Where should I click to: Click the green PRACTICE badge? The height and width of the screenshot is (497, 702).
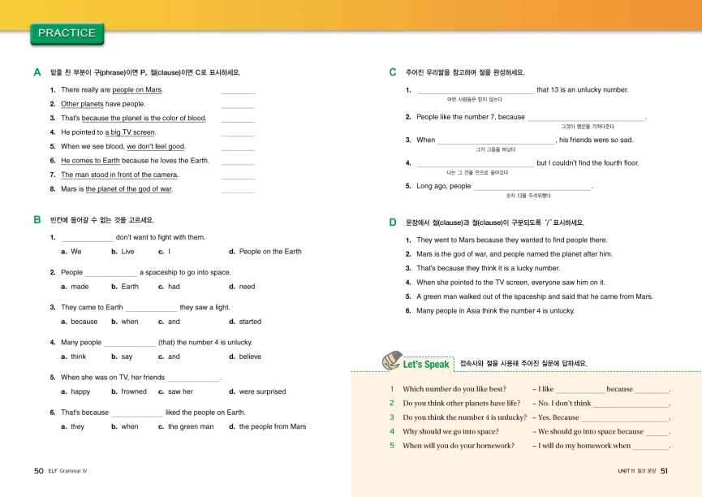tap(67, 33)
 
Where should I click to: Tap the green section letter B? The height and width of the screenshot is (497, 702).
tap(37, 220)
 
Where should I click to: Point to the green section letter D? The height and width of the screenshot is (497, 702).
tap(393, 223)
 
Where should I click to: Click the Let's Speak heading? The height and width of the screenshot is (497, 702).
tap(426, 365)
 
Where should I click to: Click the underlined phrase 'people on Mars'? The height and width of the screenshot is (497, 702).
tap(137, 90)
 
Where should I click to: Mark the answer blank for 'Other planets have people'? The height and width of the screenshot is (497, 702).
tap(238, 105)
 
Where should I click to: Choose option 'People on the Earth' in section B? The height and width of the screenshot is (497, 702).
tap(270, 252)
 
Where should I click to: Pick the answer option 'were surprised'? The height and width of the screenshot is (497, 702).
tap(262, 391)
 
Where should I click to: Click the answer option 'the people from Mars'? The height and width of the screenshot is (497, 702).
tap(273, 426)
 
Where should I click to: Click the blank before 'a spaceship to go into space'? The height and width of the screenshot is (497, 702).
tap(111, 274)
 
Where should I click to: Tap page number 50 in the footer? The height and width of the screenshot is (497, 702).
tap(38, 470)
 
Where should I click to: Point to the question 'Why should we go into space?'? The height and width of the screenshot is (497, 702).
tap(450, 432)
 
